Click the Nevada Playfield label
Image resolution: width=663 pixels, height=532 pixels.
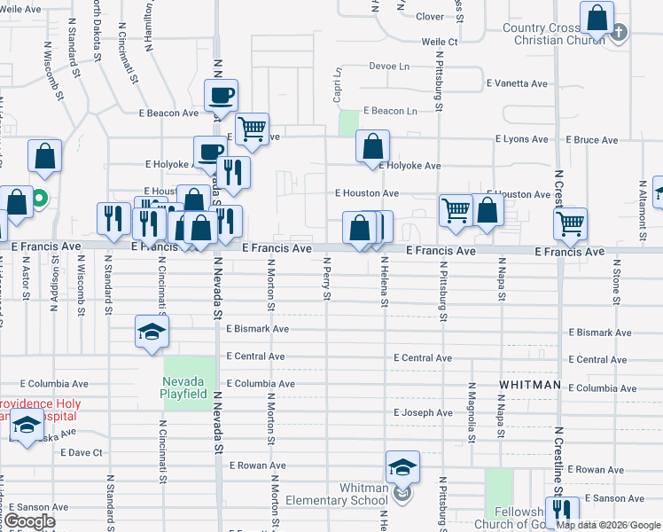pyautogui.click(x=184, y=387)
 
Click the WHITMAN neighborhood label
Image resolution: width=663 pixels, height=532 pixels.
pyautogui.click(x=530, y=385)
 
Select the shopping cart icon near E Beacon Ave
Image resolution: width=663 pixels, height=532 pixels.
pyautogui.click(x=253, y=129)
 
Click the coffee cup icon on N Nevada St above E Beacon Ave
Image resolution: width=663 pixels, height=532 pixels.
pyautogui.click(x=221, y=94)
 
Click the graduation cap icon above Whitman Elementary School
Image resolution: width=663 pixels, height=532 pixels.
pyautogui.click(x=402, y=465)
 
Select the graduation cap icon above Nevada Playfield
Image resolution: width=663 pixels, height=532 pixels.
pyautogui.click(x=152, y=332)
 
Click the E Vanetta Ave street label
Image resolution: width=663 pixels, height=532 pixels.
pyautogui.click(x=517, y=83)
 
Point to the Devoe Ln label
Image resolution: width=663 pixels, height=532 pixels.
pyautogui.click(x=389, y=66)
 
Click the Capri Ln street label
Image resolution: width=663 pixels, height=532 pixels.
pyautogui.click(x=338, y=85)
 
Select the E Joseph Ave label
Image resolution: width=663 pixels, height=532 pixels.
pyautogui.click(x=423, y=413)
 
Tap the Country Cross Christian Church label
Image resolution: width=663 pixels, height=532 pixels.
pyautogui.click(x=553, y=34)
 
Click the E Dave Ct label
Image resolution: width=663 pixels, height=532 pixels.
pyautogui.click(x=82, y=452)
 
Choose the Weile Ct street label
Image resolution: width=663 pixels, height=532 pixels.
pyautogui.click(x=440, y=42)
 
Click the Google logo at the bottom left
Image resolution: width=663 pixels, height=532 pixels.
pyautogui.click(x=29, y=521)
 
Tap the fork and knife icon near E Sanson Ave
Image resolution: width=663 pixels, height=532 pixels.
pyautogui.click(x=561, y=511)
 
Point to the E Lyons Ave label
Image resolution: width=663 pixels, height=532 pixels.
pyautogui.click(x=522, y=139)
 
